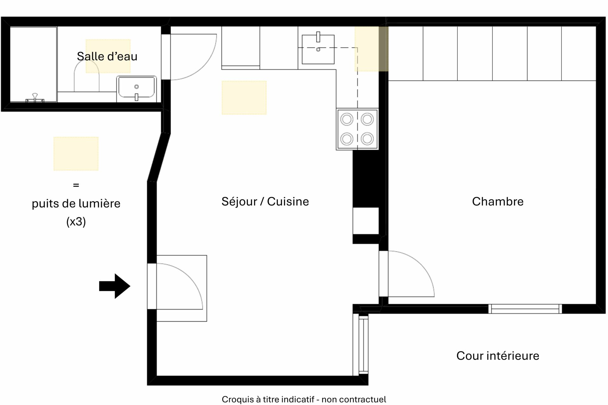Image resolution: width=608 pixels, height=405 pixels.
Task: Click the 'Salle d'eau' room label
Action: coord(107,56)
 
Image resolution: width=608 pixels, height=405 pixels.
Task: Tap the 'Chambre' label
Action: coord(497,202)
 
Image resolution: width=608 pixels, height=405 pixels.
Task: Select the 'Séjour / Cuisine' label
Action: coord(265,202)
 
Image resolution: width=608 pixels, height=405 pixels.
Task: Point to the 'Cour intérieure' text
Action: coord(497,356)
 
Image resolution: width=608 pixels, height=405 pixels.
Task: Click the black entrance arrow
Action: coord(115,286)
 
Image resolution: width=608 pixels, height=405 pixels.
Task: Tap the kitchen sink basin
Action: coord(318,49)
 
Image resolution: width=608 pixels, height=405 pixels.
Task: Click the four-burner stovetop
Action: coord(357,129)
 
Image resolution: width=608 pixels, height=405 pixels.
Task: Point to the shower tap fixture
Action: coord(35,98)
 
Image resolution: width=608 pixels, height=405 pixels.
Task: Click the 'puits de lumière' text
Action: coord(76,204)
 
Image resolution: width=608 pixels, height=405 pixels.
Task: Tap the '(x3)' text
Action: coord(76,222)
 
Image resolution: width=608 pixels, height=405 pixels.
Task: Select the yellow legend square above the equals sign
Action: coord(76,154)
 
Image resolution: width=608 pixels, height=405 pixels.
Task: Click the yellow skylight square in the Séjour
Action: coord(244,98)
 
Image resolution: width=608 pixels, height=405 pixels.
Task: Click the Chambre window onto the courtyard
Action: coord(525,309)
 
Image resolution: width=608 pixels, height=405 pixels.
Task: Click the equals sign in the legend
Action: coord(76,185)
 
